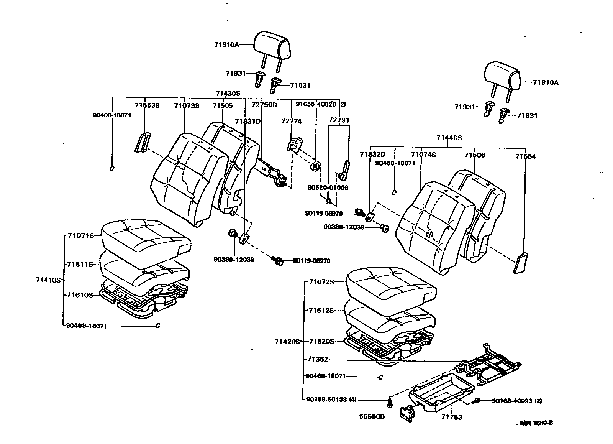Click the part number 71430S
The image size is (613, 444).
[228, 93]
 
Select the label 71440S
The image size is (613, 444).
[449, 138]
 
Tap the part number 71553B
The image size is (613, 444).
[147, 105]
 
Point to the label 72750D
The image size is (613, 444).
[264, 105]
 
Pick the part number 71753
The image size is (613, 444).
[452, 417]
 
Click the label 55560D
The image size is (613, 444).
[372, 416]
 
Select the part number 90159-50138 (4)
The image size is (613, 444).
[331, 400]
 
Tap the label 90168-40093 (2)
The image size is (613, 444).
[517, 401]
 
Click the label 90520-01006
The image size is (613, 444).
[328, 187]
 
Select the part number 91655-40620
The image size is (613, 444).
[316, 104]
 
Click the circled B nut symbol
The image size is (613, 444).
[315, 167]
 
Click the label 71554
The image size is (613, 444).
[525, 156]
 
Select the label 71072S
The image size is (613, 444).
[321, 282]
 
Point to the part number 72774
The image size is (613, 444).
[291, 121]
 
